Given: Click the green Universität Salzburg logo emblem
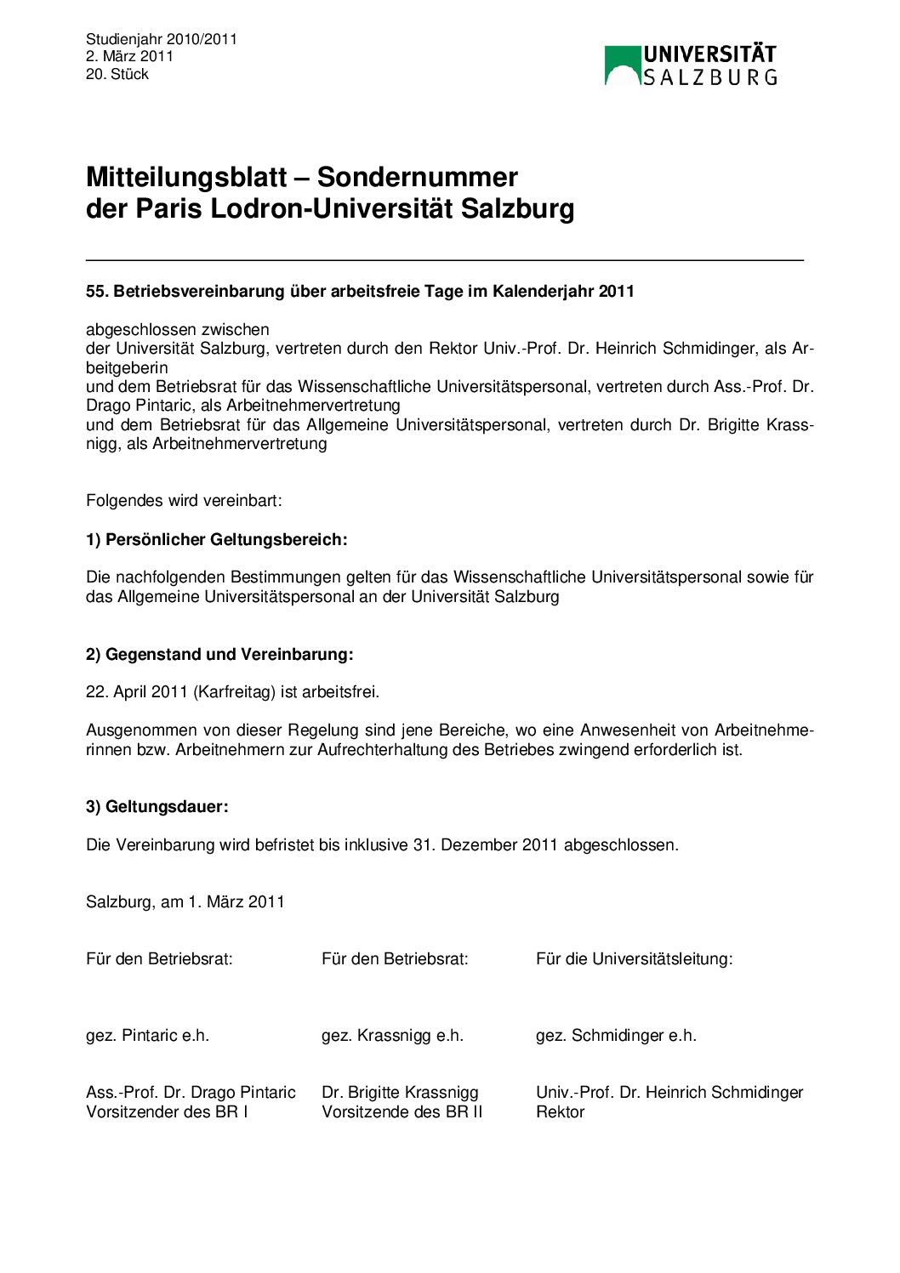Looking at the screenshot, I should [x=622, y=65].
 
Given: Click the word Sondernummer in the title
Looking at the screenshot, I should [x=417, y=177].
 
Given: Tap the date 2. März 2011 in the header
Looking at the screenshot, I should [x=129, y=56].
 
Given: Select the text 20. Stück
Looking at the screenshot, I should [x=117, y=74].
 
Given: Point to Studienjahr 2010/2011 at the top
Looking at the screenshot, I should [x=162, y=39].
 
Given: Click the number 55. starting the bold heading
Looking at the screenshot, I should [x=97, y=292].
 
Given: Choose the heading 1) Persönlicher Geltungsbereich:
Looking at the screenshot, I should [x=217, y=539].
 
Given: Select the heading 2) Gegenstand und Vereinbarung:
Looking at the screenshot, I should [x=219, y=654].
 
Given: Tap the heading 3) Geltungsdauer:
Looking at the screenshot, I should [x=157, y=806].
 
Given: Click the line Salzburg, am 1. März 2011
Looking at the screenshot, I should [x=185, y=901].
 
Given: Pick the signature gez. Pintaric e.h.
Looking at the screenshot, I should [x=147, y=1035].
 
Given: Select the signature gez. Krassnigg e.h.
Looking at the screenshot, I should [x=392, y=1035].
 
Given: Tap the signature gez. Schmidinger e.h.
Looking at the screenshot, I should [x=616, y=1035].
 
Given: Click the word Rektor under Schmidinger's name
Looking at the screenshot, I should [x=560, y=1111].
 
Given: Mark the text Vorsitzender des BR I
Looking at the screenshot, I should [x=167, y=1111].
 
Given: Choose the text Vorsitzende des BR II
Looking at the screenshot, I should [x=402, y=1111].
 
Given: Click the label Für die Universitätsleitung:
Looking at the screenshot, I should [x=634, y=958].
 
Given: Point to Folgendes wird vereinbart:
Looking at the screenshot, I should [x=184, y=500].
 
